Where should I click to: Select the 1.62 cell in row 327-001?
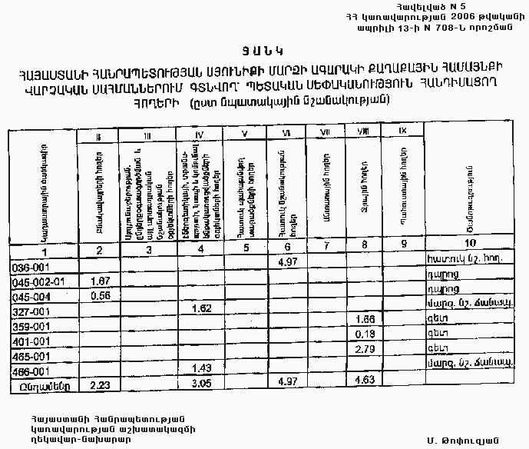point(200,308)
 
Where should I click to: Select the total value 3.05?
point(200,383)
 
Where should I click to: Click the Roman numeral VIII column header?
point(363,133)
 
